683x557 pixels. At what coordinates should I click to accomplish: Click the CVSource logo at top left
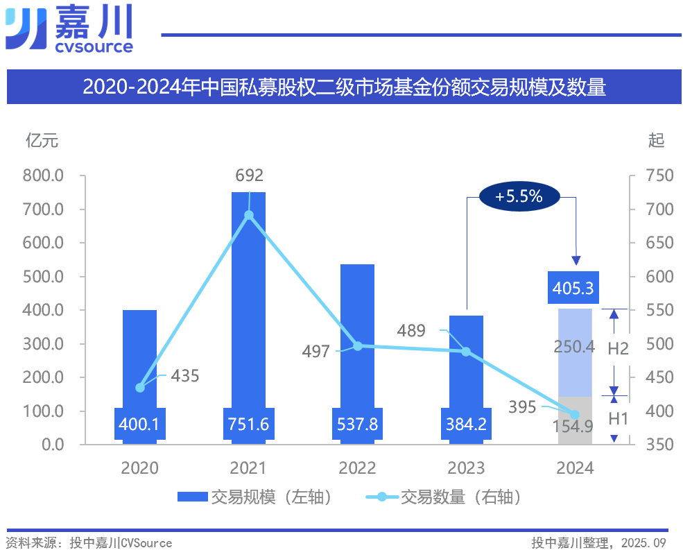click(69, 29)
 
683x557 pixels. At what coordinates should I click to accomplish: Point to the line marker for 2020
click(140, 387)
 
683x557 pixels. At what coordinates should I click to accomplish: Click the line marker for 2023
click(466, 352)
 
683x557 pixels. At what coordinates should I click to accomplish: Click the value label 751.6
click(248, 424)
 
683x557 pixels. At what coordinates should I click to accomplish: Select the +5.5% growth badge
click(519, 196)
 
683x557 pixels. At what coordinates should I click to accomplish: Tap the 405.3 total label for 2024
click(575, 287)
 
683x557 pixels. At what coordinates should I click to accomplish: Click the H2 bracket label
click(618, 348)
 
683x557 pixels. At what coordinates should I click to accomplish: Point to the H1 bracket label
click(618, 418)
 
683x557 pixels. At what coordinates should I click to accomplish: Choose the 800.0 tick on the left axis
click(43, 176)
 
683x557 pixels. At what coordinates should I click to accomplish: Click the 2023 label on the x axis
click(466, 468)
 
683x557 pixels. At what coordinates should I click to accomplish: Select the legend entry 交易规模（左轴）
click(254, 497)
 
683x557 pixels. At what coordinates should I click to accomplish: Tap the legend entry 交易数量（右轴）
click(444, 497)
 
